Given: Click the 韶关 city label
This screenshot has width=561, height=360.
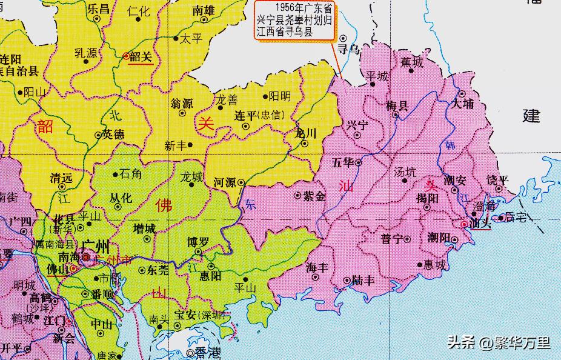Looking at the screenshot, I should [141, 56].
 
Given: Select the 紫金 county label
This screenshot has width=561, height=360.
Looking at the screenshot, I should [314, 196].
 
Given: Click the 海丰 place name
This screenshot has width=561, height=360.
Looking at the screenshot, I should [317, 267].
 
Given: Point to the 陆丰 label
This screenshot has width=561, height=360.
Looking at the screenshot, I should [362, 280].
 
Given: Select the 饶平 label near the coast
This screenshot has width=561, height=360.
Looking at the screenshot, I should [498, 180].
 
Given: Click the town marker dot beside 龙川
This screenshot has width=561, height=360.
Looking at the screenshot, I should [305, 144].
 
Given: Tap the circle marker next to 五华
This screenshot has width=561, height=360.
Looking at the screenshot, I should [358, 162].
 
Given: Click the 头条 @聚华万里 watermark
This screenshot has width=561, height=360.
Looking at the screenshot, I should [498, 343].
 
